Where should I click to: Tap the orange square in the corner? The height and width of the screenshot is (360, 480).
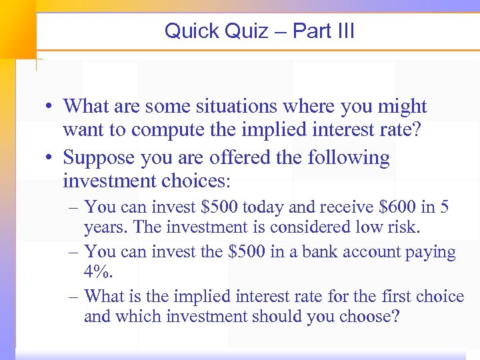point(17,27)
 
